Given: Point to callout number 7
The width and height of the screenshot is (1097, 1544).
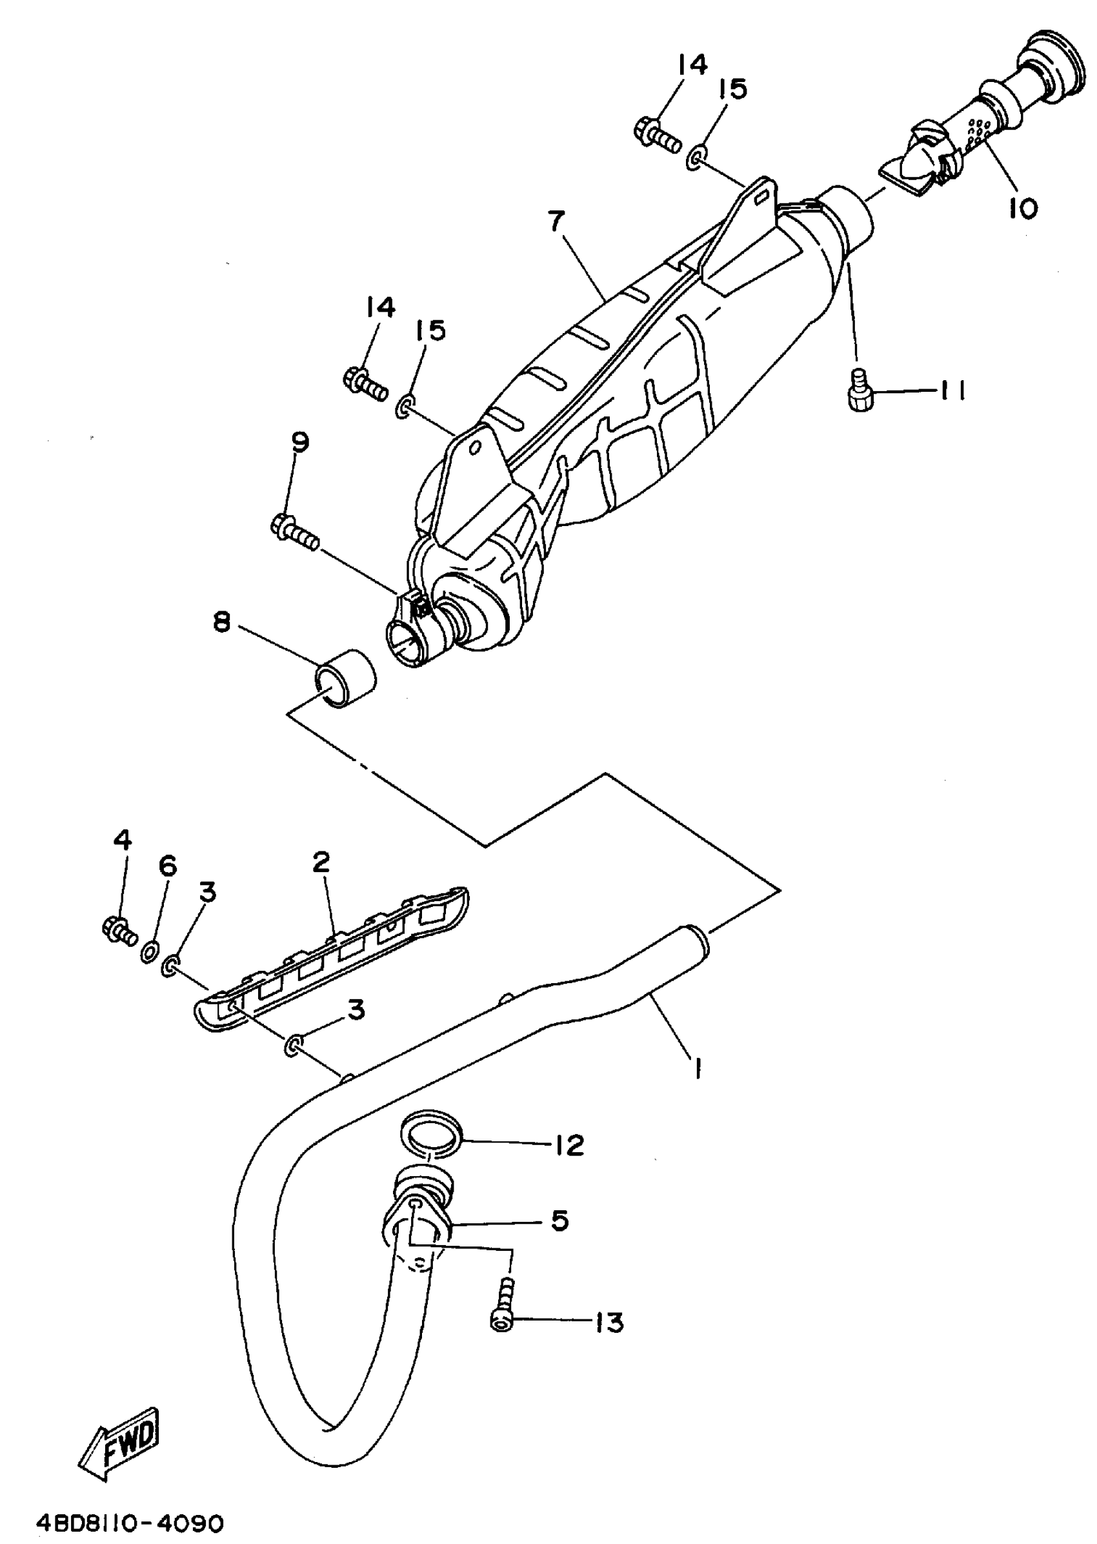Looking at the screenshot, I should tap(556, 221).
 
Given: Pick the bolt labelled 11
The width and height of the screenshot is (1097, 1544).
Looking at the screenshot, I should tap(860, 391).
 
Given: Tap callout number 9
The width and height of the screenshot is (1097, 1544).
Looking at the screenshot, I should tap(299, 443).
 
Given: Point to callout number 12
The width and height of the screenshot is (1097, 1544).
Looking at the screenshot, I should tap(569, 1144).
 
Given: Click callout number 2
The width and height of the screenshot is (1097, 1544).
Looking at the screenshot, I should tap(321, 862).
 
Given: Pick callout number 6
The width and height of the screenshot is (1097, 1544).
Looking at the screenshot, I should tap(167, 866).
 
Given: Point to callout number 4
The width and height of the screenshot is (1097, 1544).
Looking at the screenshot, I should tap(122, 840).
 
